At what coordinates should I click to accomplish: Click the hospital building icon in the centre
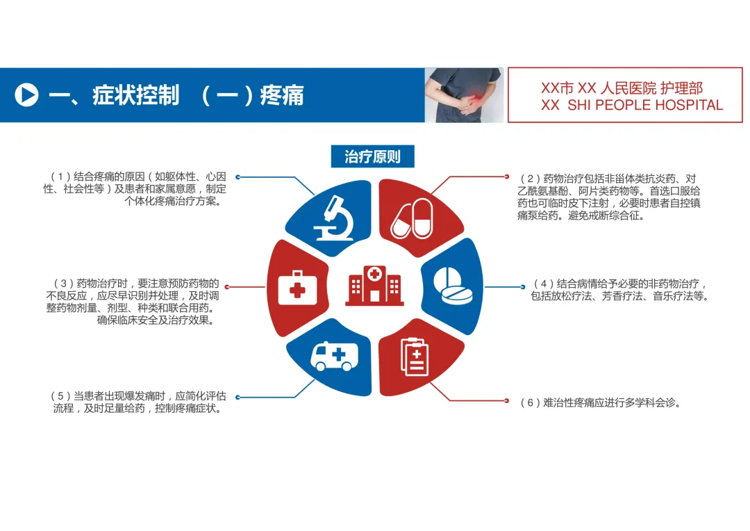point(374,285)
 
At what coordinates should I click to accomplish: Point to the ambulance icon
point(328,356)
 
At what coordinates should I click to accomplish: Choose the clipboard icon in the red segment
point(415,357)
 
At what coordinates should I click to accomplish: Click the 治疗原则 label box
point(372,156)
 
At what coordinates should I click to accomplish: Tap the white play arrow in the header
point(26,95)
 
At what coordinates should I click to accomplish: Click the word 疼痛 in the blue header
point(282,95)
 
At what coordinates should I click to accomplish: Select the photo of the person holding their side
point(464,95)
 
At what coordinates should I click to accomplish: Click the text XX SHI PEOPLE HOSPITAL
point(632,106)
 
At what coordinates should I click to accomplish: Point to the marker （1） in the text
point(61,177)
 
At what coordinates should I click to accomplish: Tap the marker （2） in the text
point(530,179)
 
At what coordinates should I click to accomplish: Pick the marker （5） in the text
point(61,396)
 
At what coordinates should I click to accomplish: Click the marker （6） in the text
point(530,402)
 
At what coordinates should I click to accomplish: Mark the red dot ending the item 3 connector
point(227,286)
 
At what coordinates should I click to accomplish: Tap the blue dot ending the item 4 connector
point(523,286)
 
